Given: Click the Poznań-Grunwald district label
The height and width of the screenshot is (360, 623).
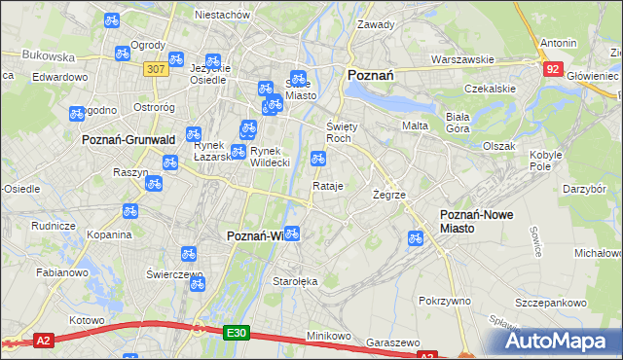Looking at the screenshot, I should click(121, 139).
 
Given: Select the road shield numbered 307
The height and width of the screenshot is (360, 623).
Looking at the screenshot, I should click(154, 69).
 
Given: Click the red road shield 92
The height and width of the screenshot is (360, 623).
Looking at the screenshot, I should click(553, 68).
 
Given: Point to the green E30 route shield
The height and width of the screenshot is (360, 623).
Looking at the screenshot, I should click(237, 332).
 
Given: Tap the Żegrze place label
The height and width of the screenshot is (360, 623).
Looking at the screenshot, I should click(388, 195).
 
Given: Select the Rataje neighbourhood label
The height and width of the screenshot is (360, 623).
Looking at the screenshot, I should click(327, 186).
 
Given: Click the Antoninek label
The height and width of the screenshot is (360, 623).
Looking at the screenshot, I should click(558, 43).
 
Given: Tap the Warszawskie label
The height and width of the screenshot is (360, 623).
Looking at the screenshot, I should click(458, 58).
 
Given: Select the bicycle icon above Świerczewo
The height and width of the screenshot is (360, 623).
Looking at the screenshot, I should click(190, 254).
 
